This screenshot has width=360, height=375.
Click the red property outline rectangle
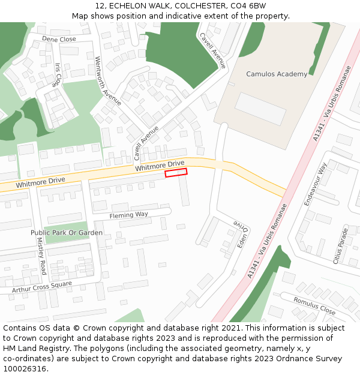(176, 172)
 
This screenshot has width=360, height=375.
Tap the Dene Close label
(59, 39)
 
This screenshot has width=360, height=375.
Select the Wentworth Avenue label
(108, 81)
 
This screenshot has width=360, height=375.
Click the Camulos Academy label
(277, 74)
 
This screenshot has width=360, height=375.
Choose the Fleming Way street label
(128, 215)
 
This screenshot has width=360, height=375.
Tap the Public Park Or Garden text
(67, 232)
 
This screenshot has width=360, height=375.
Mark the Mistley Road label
(41, 256)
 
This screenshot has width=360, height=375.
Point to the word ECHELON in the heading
(128, 6)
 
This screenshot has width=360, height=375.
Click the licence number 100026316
(25, 369)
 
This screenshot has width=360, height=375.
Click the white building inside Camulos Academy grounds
(260, 109)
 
